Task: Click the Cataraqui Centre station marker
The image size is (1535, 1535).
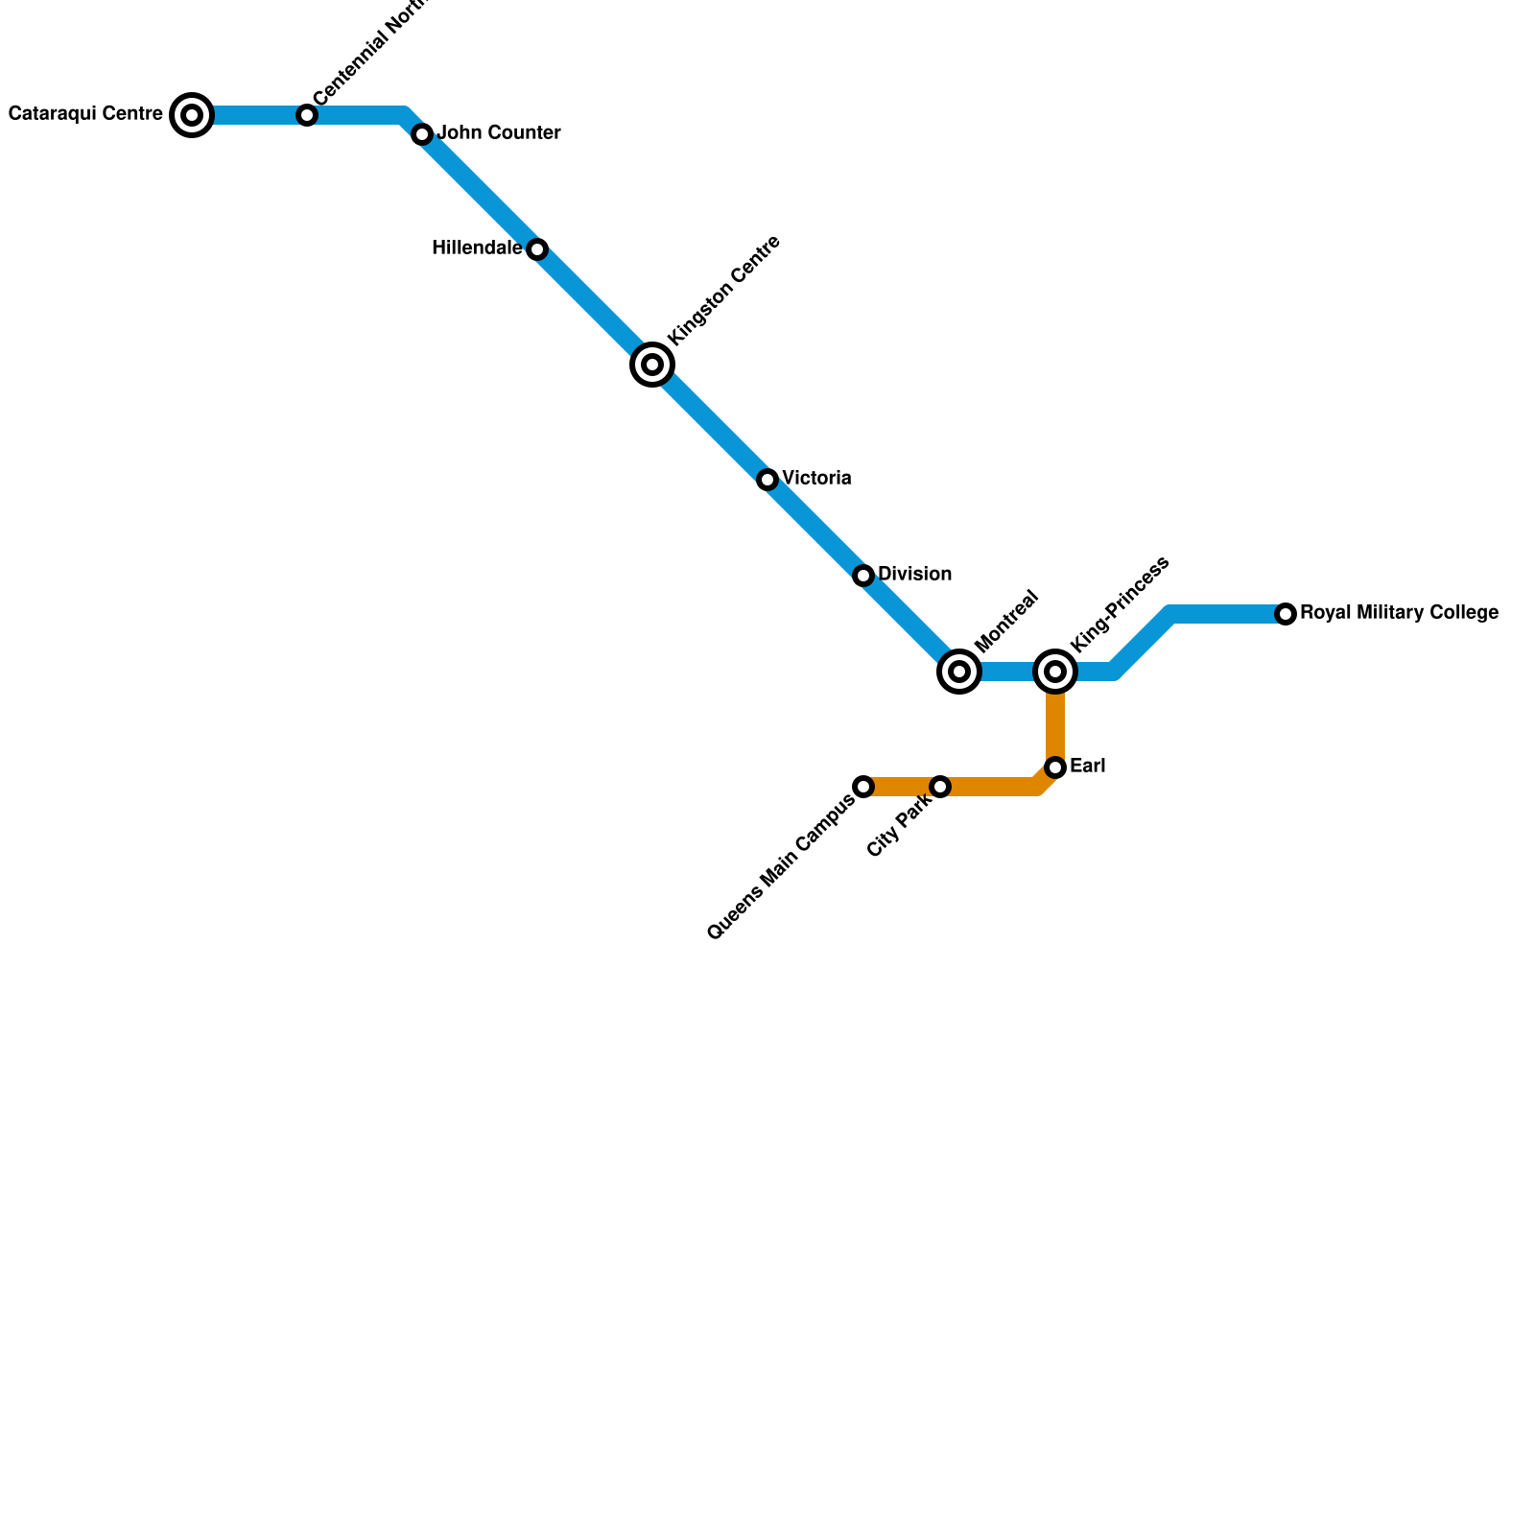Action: click(x=192, y=115)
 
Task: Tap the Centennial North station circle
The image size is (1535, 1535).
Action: click(x=307, y=115)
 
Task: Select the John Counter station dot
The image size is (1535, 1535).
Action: click(x=422, y=134)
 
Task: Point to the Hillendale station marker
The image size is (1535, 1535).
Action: click(x=537, y=249)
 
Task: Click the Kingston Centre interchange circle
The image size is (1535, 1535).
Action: click(x=652, y=365)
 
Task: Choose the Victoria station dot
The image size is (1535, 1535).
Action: click(x=767, y=480)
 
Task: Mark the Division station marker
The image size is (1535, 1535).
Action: click(x=863, y=576)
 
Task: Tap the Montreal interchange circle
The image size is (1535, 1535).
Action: click(x=959, y=672)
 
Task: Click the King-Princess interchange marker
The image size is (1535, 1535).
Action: click(x=1055, y=672)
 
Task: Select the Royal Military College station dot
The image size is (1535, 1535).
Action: click(x=1286, y=614)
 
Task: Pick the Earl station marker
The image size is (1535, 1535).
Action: click(x=1055, y=767)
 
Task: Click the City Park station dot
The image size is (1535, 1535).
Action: click(x=940, y=787)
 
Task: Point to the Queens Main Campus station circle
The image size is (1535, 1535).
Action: click(x=863, y=787)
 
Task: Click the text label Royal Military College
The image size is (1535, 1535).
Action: click(x=1399, y=613)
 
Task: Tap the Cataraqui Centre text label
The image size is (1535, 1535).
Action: click(x=85, y=114)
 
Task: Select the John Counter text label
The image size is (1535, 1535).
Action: click(x=499, y=133)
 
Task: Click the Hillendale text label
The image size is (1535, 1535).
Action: click(x=477, y=248)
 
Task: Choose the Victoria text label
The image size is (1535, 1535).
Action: click(x=816, y=479)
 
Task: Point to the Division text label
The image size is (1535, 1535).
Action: click(x=914, y=575)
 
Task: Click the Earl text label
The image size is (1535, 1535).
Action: click(x=1088, y=767)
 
